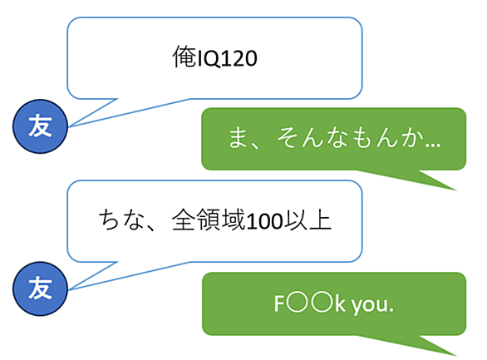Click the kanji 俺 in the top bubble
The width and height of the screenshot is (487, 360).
pos(184,57)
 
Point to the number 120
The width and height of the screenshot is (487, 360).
pos(239,58)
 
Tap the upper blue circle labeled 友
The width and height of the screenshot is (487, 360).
pos(40,126)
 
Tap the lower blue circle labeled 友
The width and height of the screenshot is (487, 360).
pos(40,288)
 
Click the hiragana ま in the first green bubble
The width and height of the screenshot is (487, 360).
pos(238,138)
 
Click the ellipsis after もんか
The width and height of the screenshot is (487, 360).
pos(433,145)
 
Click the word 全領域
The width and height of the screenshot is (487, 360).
pos(209,220)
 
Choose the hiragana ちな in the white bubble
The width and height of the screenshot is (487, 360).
pos(121,220)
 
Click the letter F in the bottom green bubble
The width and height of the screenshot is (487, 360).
pos(279,303)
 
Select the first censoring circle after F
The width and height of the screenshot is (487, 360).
pos(298,303)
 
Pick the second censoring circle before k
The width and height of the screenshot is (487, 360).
pos(322,303)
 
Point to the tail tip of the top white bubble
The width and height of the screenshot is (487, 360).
pos(69,126)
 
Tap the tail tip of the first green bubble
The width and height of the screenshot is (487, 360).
pos(456,190)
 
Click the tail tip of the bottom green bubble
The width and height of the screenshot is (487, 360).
pos(456,355)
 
